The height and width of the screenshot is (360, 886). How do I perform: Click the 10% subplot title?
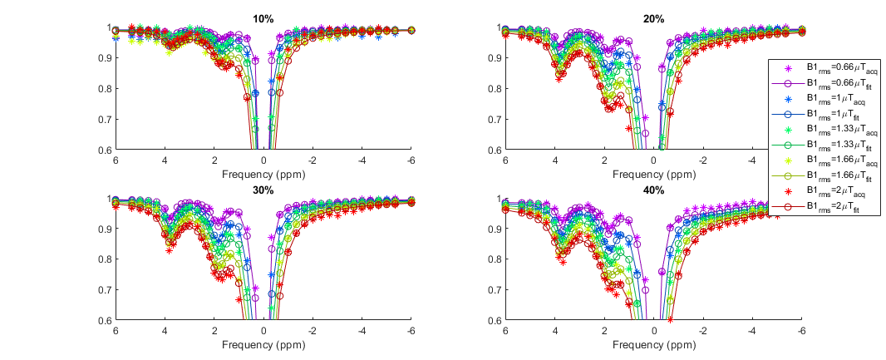click(263, 19)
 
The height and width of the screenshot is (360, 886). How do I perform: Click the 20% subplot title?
click(653, 19)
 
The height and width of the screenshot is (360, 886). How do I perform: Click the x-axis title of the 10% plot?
click(263, 175)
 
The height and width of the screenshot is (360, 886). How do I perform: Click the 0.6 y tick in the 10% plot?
click(106, 150)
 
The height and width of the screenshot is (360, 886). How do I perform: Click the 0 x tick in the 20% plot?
click(653, 161)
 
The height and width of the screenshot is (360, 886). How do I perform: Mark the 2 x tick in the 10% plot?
click(214, 161)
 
